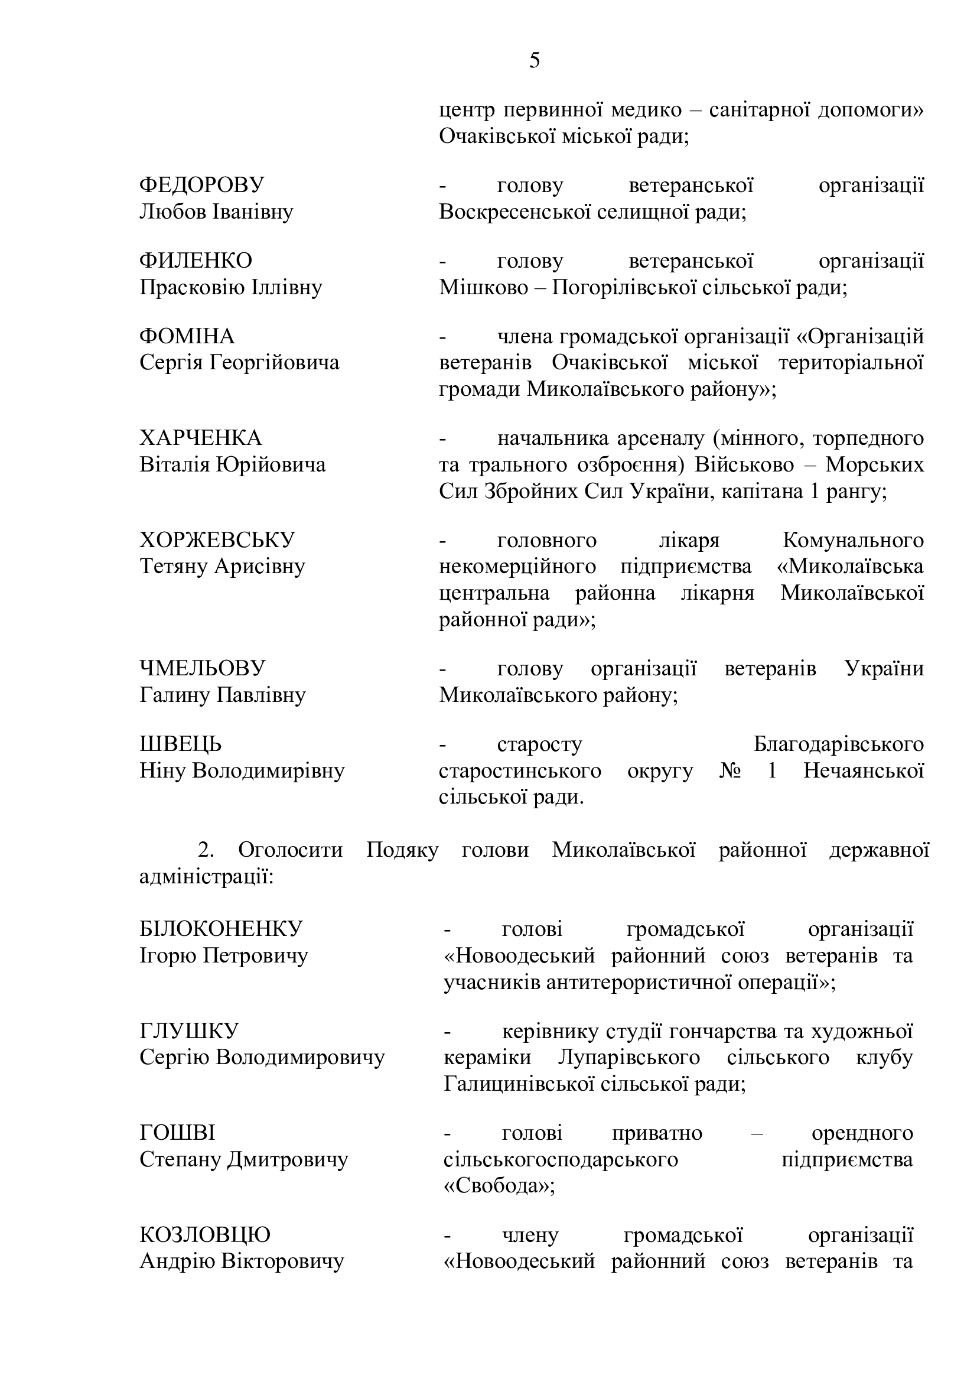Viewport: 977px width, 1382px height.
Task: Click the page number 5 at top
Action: (x=534, y=61)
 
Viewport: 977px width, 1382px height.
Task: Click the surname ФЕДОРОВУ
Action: (x=201, y=186)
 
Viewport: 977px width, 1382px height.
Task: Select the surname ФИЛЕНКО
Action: (x=196, y=261)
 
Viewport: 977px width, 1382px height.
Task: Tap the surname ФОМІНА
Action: (x=187, y=336)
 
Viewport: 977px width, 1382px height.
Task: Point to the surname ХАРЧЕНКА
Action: (x=201, y=438)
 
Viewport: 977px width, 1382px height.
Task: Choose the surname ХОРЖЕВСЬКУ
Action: (x=217, y=540)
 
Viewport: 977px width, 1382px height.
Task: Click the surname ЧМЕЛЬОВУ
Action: (x=202, y=669)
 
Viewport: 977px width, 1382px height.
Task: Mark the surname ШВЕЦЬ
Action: (x=181, y=744)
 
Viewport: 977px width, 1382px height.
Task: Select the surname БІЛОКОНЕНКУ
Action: (x=221, y=929)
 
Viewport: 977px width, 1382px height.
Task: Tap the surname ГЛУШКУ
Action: (x=189, y=1031)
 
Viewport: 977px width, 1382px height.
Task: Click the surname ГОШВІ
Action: (x=177, y=1133)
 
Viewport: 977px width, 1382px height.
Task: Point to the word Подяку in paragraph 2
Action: (x=402, y=850)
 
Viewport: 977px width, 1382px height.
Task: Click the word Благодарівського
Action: (x=838, y=744)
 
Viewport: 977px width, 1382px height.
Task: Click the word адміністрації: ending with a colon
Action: (x=206, y=877)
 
